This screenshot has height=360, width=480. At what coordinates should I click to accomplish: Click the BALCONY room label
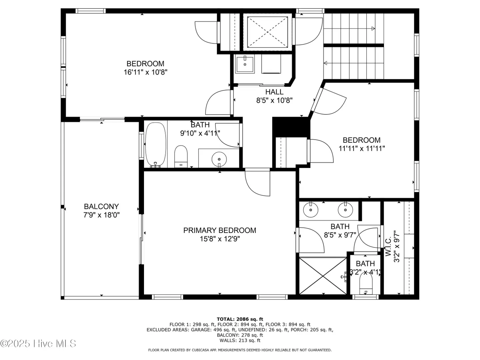tap(101, 206)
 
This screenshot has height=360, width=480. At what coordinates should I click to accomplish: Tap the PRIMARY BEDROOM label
tap(220, 230)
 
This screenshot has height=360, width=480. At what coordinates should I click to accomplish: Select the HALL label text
tap(274, 92)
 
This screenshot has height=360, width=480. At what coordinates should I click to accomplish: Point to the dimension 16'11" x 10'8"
tap(145, 72)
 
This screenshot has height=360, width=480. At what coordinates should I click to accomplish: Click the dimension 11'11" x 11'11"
tap(362, 149)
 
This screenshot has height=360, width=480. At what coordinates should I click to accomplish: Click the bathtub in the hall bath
tap(155, 145)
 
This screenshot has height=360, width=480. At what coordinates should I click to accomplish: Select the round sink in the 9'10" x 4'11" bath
tap(219, 159)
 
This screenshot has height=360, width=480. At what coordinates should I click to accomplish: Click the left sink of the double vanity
tap(311, 210)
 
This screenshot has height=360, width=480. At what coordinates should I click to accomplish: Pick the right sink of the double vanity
tap(345, 210)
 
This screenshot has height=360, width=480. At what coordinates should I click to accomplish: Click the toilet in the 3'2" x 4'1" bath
tap(366, 283)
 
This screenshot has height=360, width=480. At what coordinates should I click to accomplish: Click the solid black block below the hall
tap(291, 127)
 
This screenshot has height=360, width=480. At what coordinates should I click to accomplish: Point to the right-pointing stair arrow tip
tap(375, 29)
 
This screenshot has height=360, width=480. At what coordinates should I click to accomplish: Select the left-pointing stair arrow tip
tap(324, 63)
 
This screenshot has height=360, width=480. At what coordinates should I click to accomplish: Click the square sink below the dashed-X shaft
tap(245, 64)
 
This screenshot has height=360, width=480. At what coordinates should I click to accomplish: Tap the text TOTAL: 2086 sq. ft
tap(240, 319)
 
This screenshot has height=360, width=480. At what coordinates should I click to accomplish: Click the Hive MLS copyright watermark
tap(38, 344)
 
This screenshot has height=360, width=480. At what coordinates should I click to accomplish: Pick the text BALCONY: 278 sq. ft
tap(240, 335)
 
